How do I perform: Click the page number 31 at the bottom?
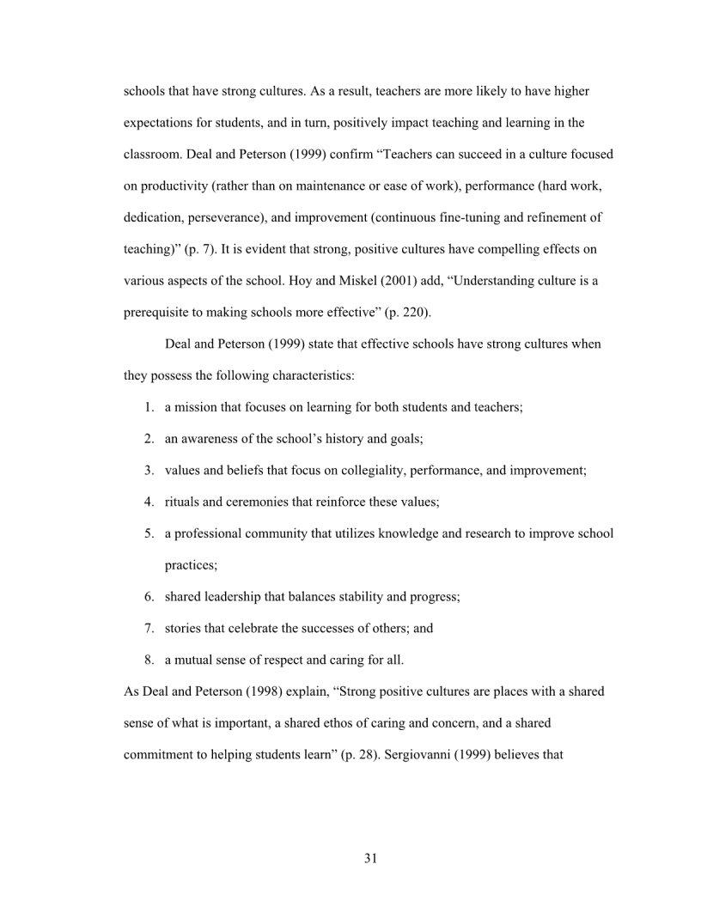[371, 858]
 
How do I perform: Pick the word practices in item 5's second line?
[190, 565]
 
